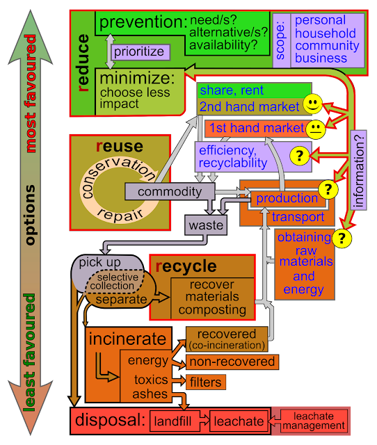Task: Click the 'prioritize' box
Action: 138,51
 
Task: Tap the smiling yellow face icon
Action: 313,105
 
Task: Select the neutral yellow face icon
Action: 316,128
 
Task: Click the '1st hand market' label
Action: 255,128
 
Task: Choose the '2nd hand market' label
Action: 250,106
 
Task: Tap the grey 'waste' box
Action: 206,225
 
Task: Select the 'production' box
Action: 287,199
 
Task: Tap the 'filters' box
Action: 204,382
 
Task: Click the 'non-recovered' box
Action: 232,362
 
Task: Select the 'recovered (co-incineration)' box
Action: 227,339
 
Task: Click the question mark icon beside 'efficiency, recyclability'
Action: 299,156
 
